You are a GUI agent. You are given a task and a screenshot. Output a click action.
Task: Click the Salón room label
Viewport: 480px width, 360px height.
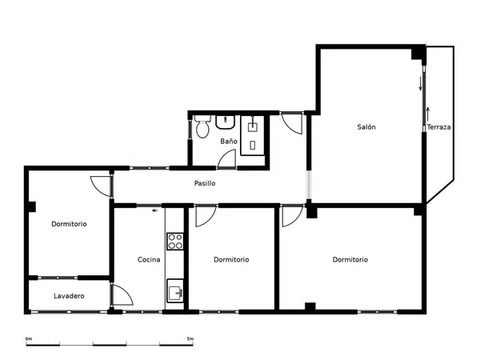tap(366, 126)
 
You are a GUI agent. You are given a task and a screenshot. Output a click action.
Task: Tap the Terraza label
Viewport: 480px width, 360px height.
tap(438, 126)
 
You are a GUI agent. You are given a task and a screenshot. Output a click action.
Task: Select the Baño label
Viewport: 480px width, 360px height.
tap(229, 141)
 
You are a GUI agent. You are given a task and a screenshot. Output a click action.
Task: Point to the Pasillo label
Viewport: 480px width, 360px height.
tap(205, 183)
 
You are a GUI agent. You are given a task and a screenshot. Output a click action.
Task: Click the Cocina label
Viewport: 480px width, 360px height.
tap(149, 259)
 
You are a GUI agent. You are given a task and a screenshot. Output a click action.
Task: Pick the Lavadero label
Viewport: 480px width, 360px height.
tap(69, 296)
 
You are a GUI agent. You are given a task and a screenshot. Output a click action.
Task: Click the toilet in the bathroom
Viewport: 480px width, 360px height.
tap(202, 126)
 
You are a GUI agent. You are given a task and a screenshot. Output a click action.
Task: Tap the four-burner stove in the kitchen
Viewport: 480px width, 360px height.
tap(175, 242)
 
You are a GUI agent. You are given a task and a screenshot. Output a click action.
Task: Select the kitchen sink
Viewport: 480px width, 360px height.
tap(175, 290)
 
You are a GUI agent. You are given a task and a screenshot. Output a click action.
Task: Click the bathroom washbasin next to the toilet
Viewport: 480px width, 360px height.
tap(226, 122)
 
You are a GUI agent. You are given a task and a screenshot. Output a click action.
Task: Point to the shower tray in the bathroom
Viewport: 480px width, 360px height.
tap(252, 135)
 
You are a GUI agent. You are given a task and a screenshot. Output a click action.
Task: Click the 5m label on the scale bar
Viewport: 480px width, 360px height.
tap(190, 339)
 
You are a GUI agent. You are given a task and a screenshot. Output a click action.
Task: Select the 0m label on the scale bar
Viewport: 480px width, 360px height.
tap(29, 339)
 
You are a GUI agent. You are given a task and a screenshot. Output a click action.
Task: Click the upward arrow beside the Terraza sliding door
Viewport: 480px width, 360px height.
tap(428, 114)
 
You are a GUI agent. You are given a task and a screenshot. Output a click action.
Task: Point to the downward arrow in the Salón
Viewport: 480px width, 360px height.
tap(420, 83)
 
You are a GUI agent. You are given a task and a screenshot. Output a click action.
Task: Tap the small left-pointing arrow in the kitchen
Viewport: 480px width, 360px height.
tap(155, 210)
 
